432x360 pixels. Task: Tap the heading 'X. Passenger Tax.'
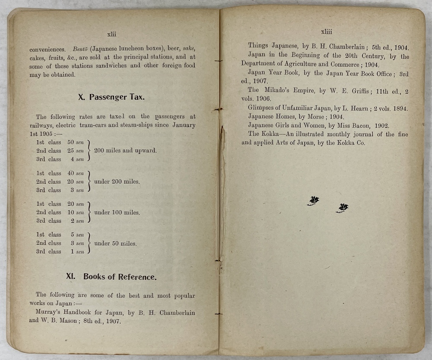(111, 97)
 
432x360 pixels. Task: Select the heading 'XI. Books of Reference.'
(111, 277)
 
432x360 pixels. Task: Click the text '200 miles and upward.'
(125, 151)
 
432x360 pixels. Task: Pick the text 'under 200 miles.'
(117, 182)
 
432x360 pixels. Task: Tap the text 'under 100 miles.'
(117, 212)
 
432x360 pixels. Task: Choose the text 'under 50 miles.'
(115, 243)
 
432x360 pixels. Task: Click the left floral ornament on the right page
(313, 200)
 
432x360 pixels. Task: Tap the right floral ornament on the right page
(343, 208)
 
